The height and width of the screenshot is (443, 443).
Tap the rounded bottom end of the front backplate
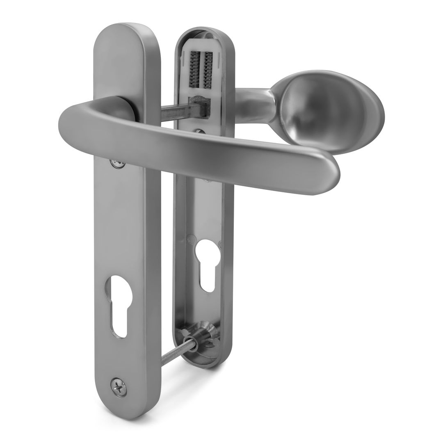[125, 406]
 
